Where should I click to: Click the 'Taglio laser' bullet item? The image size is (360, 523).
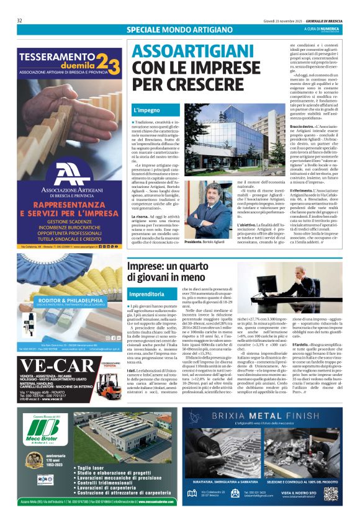94,468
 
